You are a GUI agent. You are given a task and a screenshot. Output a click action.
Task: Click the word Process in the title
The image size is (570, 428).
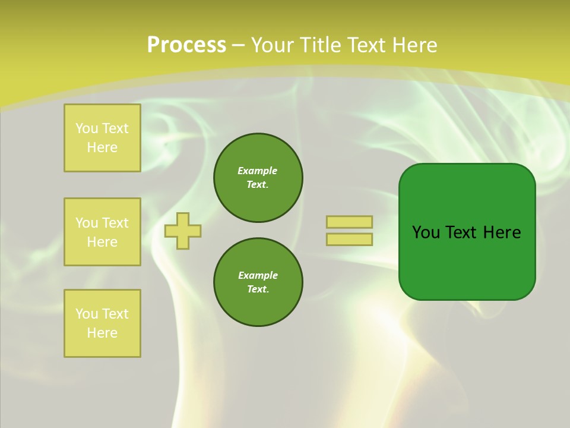[x=186, y=45]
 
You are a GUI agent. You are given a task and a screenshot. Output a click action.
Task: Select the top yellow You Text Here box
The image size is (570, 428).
[x=102, y=138]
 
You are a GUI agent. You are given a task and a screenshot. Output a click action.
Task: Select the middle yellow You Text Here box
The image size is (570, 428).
[x=102, y=232]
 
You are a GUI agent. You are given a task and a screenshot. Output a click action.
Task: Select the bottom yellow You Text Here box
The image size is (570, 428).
[x=102, y=323]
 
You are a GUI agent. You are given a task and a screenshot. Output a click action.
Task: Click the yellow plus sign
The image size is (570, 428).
[x=183, y=231]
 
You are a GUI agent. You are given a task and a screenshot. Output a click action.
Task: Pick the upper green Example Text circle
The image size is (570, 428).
[x=258, y=178]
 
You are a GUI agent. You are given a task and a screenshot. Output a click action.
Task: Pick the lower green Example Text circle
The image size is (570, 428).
[x=258, y=282]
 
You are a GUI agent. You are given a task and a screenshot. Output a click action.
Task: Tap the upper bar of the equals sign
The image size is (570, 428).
[x=349, y=222]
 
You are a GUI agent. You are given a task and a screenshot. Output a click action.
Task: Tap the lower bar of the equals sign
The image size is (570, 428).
[x=349, y=240]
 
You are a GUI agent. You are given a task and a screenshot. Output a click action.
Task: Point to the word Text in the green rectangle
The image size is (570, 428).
[x=461, y=232]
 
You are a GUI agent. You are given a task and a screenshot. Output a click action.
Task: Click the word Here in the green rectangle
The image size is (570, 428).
[x=502, y=232]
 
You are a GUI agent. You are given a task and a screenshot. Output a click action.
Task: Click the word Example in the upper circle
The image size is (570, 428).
[x=258, y=171]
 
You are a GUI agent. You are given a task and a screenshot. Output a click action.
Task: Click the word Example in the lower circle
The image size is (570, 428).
[x=258, y=275]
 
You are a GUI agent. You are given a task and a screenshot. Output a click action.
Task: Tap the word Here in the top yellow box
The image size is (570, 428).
[x=102, y=147]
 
